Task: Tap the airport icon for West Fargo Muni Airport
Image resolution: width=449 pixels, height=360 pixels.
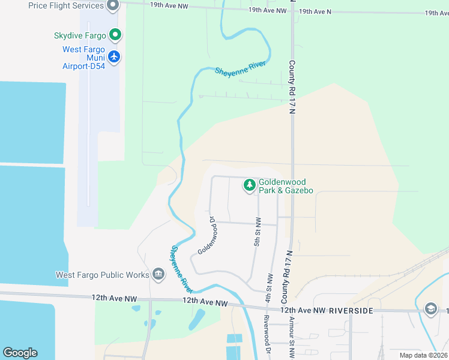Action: coord(114,57)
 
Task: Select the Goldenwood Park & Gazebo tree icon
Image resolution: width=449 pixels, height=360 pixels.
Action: coord(249,186)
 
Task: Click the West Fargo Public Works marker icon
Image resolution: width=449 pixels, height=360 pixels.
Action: coord(158,275)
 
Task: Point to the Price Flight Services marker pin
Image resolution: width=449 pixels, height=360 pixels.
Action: coord(112,6)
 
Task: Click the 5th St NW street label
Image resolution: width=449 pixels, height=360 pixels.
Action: coord(257,232)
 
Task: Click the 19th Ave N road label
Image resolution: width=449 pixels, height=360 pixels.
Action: coord(315,11)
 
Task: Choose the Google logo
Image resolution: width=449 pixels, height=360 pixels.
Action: coord(20,353)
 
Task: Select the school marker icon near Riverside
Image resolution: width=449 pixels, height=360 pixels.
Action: coord(430,308)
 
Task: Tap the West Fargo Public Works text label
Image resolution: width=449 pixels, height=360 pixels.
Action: coord(102,275)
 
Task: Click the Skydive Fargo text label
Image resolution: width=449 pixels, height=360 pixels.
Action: coord(79,35)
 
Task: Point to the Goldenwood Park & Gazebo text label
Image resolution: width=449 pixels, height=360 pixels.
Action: coord(286,186)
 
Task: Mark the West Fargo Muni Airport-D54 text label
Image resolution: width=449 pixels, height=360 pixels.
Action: coord(84,58)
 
